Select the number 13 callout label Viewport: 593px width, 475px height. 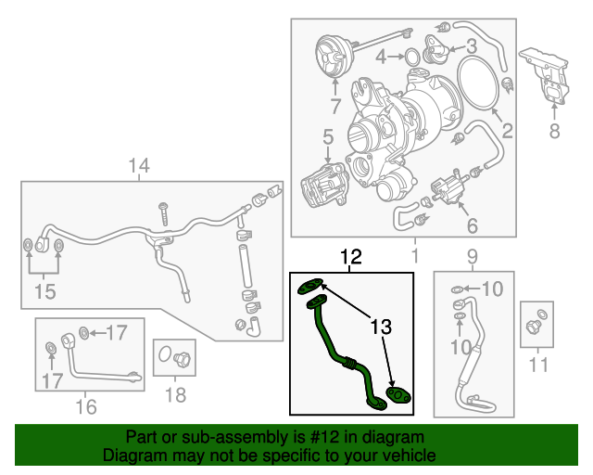pyautogui.click(x=382, y=327)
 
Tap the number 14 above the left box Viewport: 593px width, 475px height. pyautogui.click(x=138, y=167)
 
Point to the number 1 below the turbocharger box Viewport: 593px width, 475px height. pyautogui.click(x=414, y=253)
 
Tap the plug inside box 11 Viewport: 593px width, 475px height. pyautogui.click(x=536, y=326)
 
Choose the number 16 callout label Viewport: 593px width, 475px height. pyautogui.click(x=85, y=405)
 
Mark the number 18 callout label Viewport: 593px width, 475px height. pyautogui.click(x=175, y=395)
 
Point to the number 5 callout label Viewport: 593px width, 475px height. pyautogui.click(x=327, y=138)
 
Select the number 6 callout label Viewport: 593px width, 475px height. pyautogui.click(x=472, y=225)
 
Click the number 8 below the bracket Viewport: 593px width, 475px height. pyautogui.click(x=554, y=132)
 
